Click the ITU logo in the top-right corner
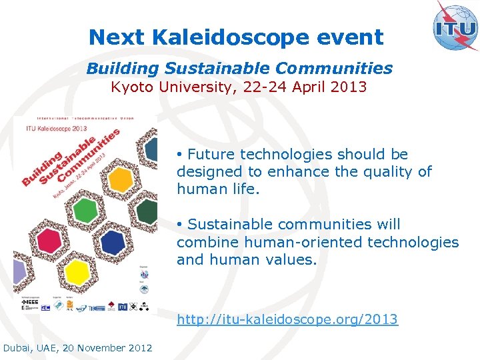pos(455,26)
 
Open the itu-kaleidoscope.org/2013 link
pos(287,320)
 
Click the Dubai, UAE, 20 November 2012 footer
pos(78,348)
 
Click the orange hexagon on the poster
pos(120,179)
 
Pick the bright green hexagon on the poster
pos(85,211)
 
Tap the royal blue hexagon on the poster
pos(113,243)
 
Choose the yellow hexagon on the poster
pos(77,272)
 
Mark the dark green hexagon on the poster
pos(147,213)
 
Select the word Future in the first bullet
pos(211,155)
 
